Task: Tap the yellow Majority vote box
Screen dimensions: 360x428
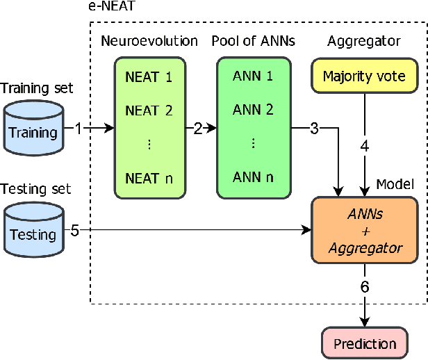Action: (365, 76)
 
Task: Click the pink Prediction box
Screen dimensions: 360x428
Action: (365, 343)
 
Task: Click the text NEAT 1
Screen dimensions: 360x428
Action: (148, 77)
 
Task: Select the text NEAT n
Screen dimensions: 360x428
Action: (148, 178)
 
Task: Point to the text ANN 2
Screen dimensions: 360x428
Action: (253, 110)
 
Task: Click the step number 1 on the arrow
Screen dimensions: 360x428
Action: (79, 128)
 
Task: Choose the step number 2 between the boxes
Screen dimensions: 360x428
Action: (197, 128)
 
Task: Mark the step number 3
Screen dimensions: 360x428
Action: (314, 128)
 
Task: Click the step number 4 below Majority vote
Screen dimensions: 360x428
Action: (365, 147)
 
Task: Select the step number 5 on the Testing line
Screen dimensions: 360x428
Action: (74, 230)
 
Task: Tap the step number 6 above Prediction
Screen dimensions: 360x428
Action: (365, 287)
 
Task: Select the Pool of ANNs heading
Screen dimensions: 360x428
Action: (253, 41)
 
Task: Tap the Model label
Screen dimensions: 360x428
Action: (395, 184)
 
